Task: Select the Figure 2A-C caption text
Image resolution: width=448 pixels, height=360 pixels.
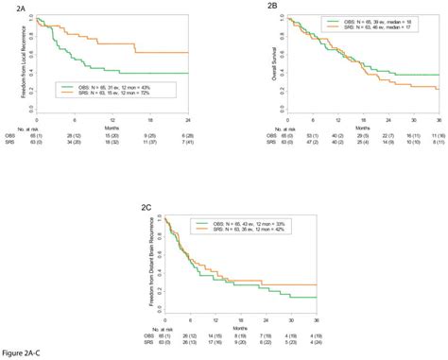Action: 22,351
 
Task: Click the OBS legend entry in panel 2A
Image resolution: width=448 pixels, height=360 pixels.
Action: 106,87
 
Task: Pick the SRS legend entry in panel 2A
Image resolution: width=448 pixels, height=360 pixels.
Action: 106,93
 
